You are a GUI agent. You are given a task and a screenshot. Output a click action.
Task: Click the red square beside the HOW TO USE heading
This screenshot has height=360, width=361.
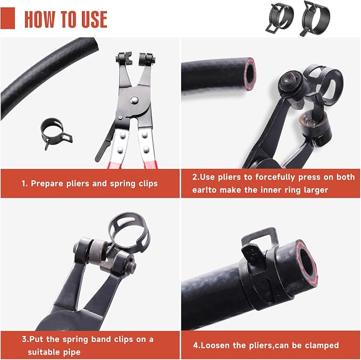pos(7,18)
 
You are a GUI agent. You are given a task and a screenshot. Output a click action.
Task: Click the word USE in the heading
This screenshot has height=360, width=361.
pos(95,19)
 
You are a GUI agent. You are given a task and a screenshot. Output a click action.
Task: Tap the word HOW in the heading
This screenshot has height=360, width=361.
pos(39,19)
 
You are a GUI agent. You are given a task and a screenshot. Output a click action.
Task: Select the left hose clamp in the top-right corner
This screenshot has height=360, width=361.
pos(280,17)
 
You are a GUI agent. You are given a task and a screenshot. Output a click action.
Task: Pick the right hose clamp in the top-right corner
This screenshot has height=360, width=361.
pos(315,19)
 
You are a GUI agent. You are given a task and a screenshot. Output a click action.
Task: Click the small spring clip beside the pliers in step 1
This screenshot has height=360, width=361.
pos(56,134)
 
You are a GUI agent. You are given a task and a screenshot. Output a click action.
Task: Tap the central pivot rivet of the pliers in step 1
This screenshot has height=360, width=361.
pos(134,100)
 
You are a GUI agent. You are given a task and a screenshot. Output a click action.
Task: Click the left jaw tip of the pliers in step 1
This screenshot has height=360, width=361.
pos(124,58)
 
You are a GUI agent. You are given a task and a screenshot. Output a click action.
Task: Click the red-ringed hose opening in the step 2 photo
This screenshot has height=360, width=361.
pos(250,74)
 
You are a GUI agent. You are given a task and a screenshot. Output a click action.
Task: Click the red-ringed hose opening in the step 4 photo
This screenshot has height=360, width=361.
pos(307,262)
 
